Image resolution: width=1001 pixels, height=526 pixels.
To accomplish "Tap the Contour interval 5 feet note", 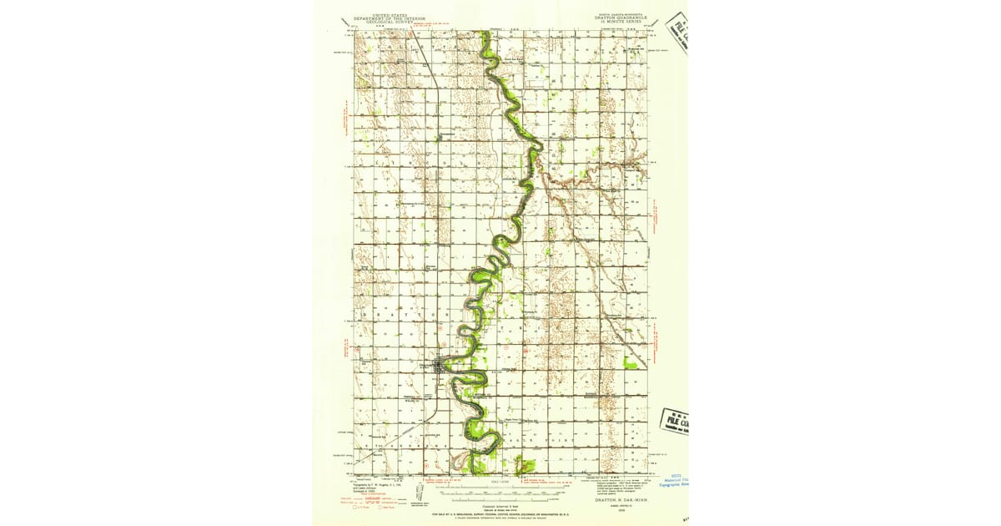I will pos(500,506).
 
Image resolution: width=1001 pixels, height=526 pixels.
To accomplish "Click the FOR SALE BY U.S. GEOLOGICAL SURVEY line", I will pos(500,516).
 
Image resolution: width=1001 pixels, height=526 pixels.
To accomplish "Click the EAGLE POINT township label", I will pos(551,439).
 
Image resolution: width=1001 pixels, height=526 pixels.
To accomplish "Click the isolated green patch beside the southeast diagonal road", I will pos(631,362).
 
